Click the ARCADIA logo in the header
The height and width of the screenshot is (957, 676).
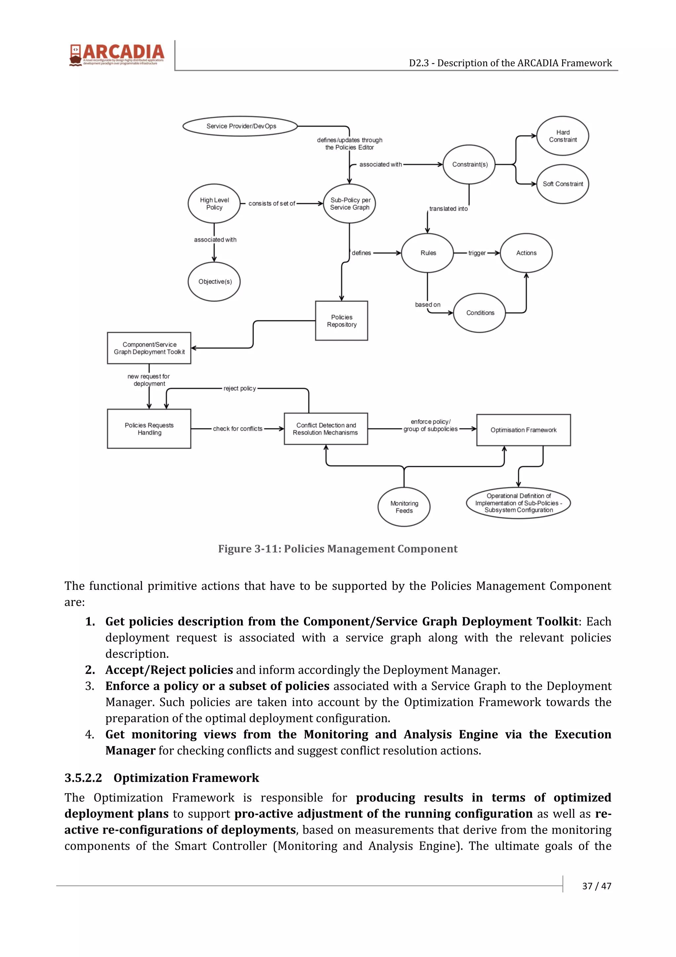tap(117, 54)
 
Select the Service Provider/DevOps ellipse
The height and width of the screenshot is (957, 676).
tap(241, 126)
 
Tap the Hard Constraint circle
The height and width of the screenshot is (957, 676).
tap(562, 136)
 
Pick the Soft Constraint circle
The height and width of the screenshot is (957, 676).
tap(562, 184)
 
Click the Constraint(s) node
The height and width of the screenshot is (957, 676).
tap(469, 164)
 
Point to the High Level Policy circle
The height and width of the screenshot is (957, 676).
tap(214, 203)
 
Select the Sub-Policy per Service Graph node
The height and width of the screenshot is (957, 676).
tap(350, 203)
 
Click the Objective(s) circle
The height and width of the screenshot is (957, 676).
tap(214, 281)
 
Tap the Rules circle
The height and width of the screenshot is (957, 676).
tap(427, 253)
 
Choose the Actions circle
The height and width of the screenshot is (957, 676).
tap(526, 253)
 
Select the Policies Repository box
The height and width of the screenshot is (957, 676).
tap(342, 321)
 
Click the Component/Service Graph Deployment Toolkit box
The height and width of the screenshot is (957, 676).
tap(149, 348)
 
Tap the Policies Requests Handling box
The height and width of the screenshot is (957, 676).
tap(149, 429)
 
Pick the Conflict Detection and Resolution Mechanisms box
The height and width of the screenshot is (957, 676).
tap(326, 429)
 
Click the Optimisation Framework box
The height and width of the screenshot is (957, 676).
tap(523, 430)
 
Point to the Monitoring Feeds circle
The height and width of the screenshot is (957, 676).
tap(404, 507)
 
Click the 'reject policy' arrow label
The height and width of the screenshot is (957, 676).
tap(240, 388)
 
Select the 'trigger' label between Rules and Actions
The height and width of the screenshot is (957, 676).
tap(477, 253)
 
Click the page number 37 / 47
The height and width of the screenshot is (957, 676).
tap(596, 886)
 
